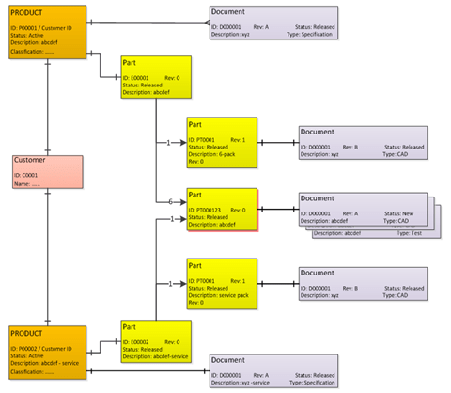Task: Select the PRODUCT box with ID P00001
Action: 46,32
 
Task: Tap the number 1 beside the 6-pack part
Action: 169,143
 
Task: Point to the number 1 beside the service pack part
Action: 169,283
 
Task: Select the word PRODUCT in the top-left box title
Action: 29,15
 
